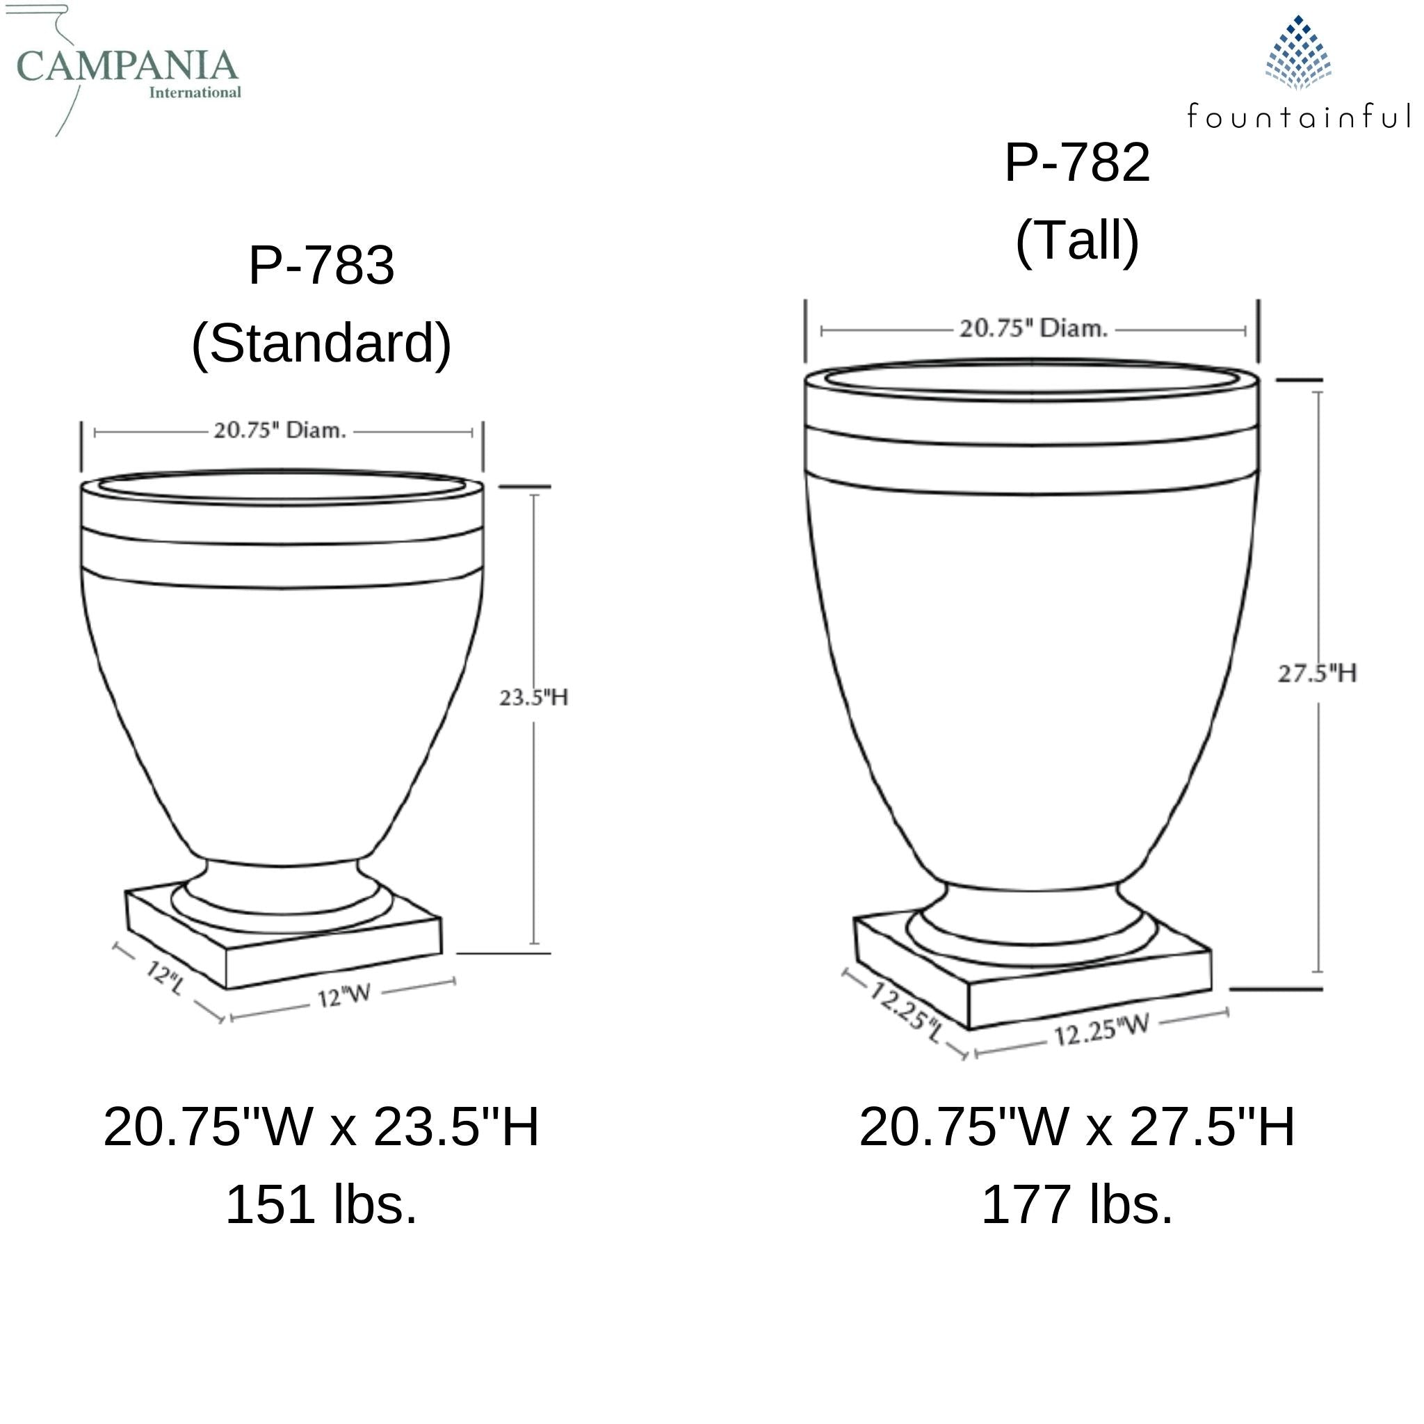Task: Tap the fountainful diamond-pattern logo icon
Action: [1298, 53]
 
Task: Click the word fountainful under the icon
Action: [1298, 116]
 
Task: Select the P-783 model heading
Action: [321, 266]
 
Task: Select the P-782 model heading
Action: [1077, 163]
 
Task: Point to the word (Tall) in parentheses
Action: [1077, 241]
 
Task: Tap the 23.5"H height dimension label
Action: [533, 697]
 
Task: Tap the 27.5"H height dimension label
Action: [1316, 673]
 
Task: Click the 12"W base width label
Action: [343, 996]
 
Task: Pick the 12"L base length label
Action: [163, 978]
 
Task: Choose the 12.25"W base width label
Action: [1101, 1030]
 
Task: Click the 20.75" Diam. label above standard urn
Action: [280, 430]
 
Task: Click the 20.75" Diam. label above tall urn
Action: [1033, 329]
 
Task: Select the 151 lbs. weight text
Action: [321, 1204]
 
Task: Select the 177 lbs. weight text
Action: [1077, 1204]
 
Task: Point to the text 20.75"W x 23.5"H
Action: [321, 1127]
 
